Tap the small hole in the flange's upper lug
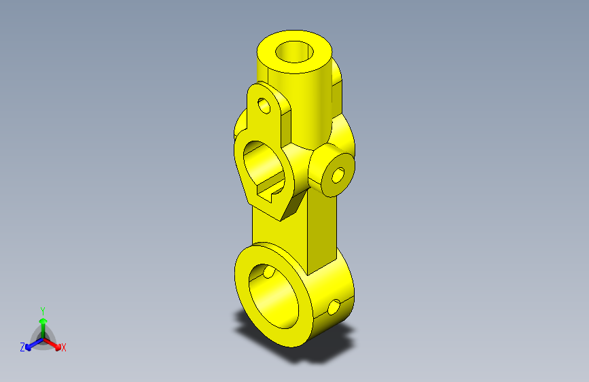click(264, 105)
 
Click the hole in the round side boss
click(338, 175)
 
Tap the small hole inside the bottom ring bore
click(269, 272)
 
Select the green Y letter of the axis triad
click(43, 309)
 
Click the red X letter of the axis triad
click(64, 348)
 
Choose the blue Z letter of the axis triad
click(22, 347)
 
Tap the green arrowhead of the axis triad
click(43, 321)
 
